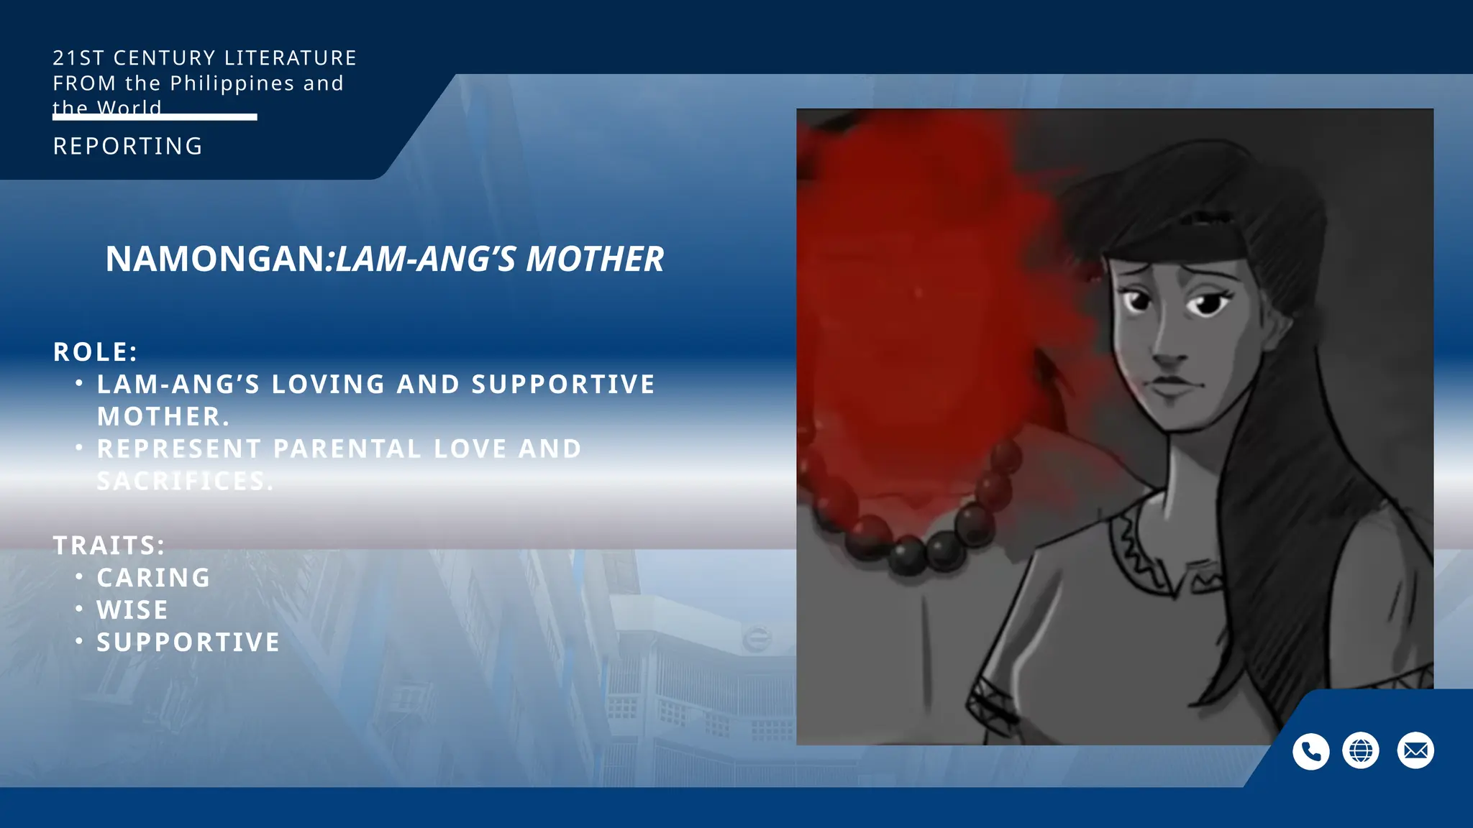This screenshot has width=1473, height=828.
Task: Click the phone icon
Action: coord(1310,751)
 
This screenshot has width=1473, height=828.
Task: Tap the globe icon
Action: coord(1361,751)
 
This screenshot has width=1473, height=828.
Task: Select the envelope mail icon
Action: coord(1415,751)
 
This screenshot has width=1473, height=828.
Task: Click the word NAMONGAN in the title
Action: coord(215,259)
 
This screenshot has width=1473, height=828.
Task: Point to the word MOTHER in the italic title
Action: coord(595,259)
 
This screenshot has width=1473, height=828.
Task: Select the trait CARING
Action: coord(154,578)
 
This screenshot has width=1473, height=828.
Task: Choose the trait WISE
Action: coord(132,610)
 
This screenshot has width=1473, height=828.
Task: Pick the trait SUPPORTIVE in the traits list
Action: coord(188,643)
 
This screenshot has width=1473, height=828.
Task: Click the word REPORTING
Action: coord(128,147)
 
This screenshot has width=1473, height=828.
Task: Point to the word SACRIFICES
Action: coord(186,481)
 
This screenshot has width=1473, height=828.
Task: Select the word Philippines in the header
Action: coord(232,83)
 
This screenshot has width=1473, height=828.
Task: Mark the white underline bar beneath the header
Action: coord(155,117)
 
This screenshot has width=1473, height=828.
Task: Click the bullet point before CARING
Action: coord(79,577)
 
